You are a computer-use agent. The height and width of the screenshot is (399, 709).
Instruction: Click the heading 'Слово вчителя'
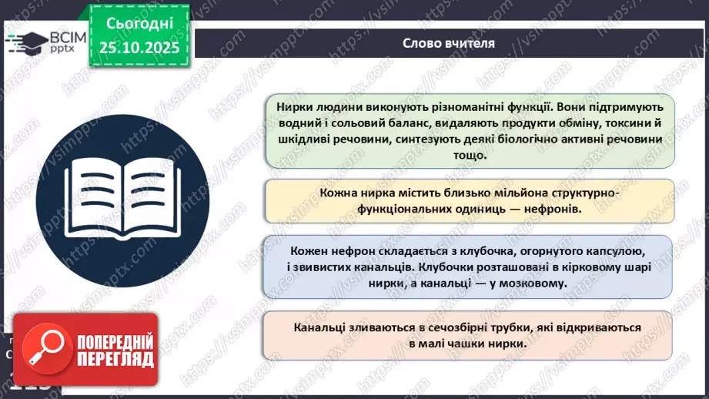(448, 43)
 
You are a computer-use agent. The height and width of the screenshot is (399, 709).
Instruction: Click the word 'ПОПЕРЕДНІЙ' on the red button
(113, 340)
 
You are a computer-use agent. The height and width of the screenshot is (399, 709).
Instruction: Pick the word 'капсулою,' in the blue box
(617, 251)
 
